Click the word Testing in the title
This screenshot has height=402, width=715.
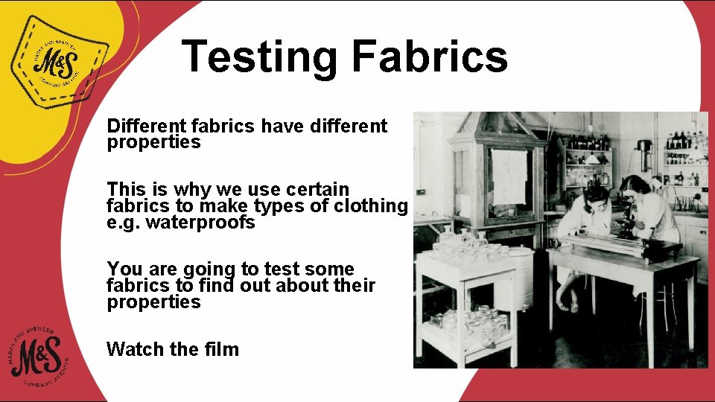[x=260, y=57]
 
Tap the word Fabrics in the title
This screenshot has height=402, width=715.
[x=430, y=57]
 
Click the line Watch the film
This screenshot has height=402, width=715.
[x=173, y=349]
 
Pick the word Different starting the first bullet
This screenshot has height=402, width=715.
[x=144, y=126]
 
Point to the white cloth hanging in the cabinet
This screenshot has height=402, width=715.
[x=509, y=176]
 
